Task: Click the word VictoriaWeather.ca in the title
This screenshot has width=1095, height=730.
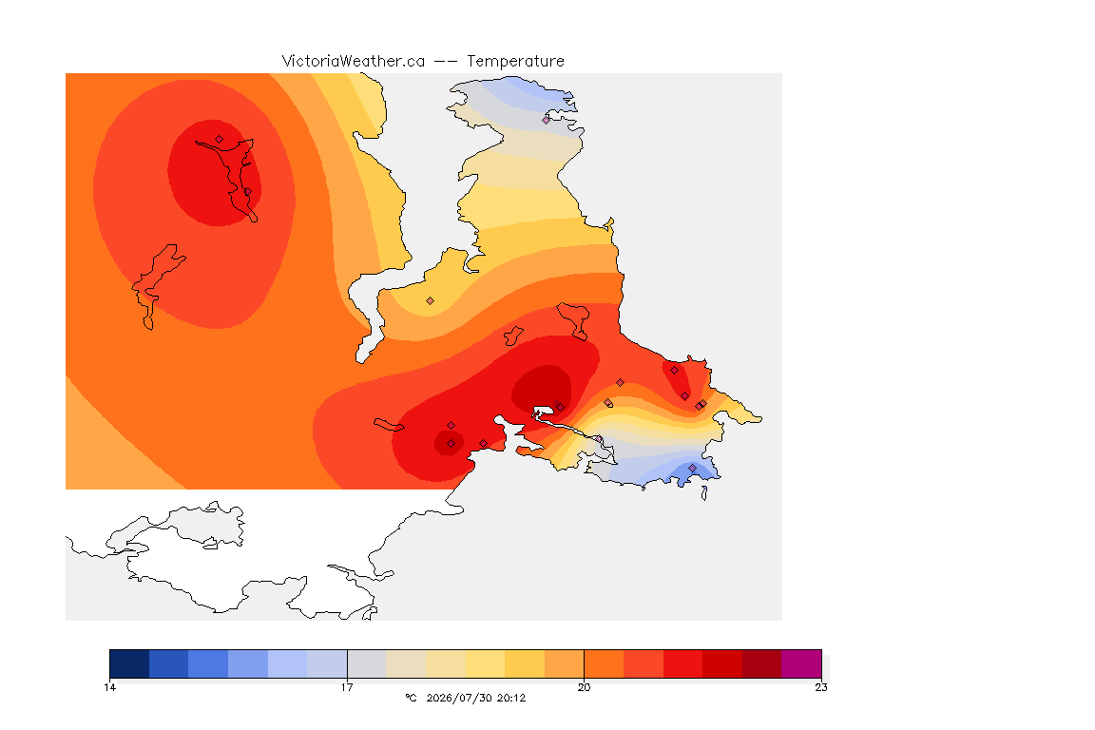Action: click(354, 61)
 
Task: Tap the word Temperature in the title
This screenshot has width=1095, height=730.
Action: click(515, 61)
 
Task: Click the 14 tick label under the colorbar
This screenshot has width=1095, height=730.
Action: click(109, 687)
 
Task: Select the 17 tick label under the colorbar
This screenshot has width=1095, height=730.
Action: click(347, 687)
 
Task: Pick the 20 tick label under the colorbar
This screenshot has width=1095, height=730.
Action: click(584, 687)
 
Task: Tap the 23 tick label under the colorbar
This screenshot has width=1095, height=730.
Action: click(821, 687)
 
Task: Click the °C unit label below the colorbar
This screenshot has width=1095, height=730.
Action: click(412, 698)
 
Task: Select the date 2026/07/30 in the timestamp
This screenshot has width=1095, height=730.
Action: click(459, 698)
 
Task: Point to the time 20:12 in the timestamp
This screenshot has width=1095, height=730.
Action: click(511, 698)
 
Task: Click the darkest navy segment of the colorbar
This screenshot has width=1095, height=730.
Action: click(129, 663)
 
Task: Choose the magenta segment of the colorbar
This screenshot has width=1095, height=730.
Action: click(801, 663)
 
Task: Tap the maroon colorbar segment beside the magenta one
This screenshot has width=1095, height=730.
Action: click(762, 663)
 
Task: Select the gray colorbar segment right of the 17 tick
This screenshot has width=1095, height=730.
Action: click(367, 663)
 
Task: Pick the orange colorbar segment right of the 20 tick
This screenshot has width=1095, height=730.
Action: click(605, 663)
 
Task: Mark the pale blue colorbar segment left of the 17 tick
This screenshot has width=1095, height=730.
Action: click(327, 663)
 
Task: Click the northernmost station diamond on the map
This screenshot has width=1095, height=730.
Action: click(547, 120)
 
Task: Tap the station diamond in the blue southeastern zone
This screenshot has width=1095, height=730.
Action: click(692, 468)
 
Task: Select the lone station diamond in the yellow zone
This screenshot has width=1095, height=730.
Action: click(431, 301)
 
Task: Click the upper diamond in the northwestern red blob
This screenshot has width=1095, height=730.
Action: click(220, 139)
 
